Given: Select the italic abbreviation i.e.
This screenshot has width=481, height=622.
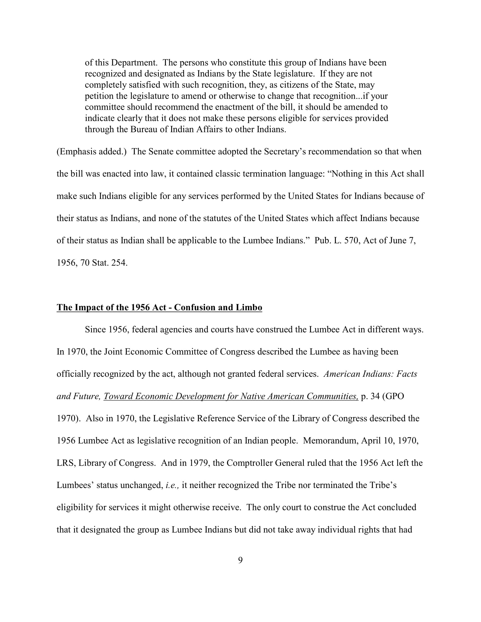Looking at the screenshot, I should click(172, 485).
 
